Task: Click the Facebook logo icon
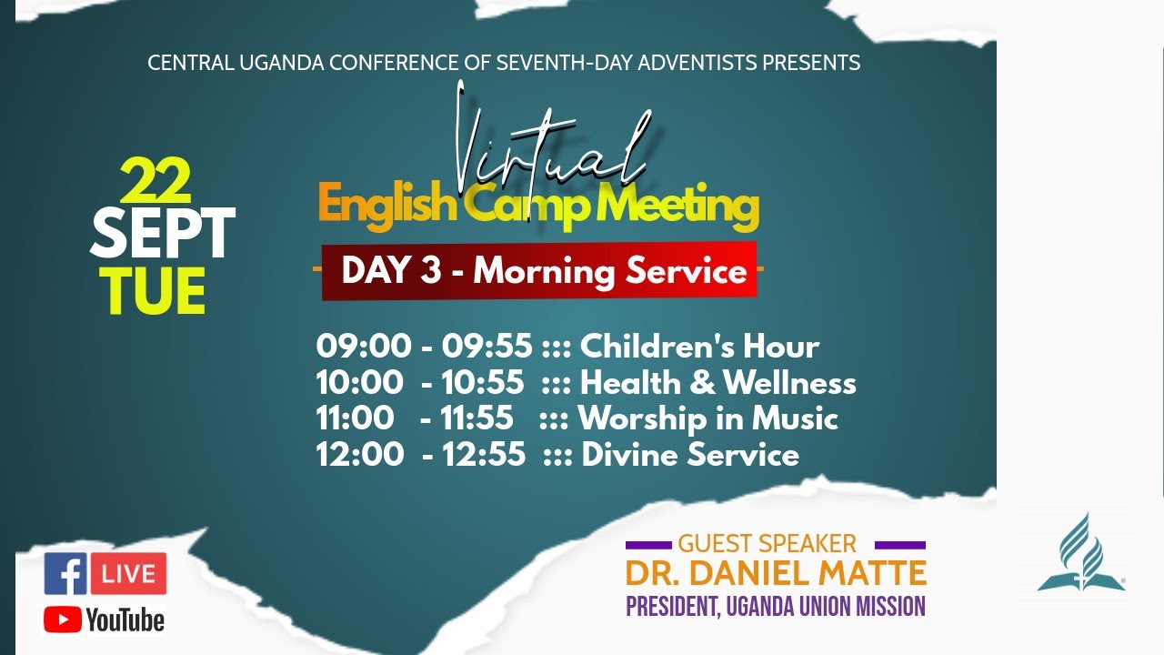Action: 65,573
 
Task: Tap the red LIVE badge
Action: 128,573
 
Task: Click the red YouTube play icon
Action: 63,620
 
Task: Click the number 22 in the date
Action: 156,180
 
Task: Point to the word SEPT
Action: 162,232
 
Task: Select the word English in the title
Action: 387,207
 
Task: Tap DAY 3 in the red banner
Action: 391,270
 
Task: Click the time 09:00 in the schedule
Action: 363,346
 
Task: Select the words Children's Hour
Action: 699,346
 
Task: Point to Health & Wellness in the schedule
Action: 718,383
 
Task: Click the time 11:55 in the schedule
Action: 477,418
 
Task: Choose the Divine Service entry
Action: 690,454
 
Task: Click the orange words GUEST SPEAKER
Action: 767,544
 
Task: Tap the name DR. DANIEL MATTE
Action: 776,573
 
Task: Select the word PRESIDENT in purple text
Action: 673,607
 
